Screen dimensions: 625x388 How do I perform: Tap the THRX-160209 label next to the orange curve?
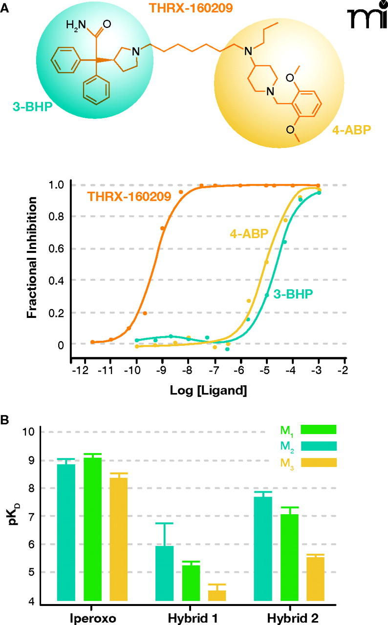coord(129,197)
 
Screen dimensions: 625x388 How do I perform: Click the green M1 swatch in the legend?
coord(318,429)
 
